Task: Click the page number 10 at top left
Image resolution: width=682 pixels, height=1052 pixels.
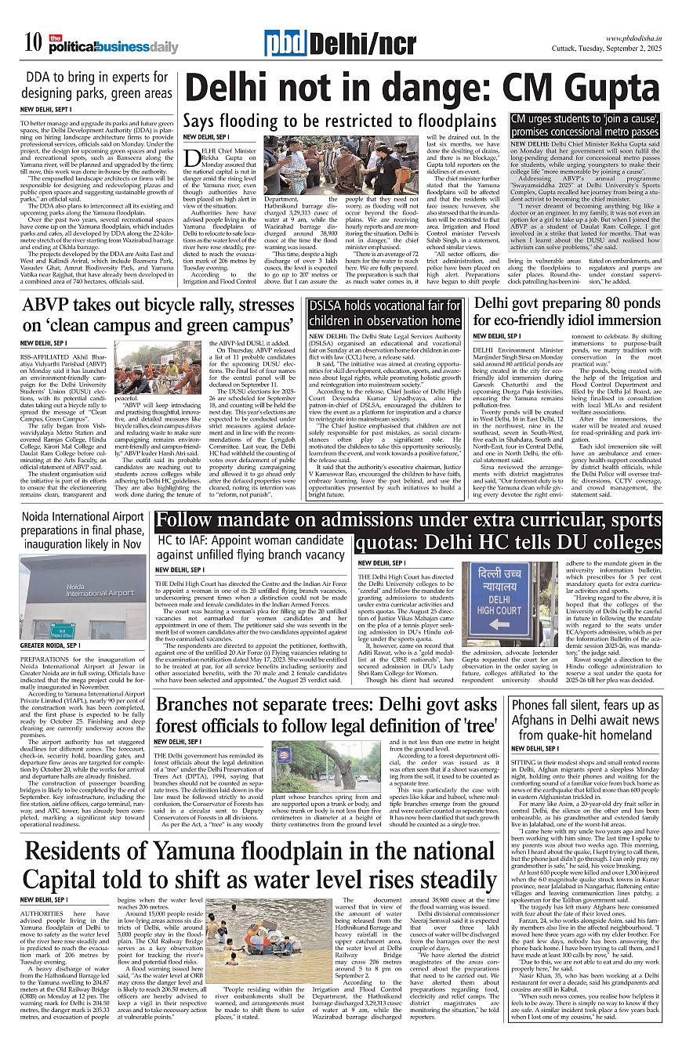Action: [x=32, y=43]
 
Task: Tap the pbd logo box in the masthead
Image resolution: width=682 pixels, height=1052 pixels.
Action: [x=285, y=44]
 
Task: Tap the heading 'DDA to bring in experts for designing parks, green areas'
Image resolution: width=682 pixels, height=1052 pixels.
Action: [x=97, y=85]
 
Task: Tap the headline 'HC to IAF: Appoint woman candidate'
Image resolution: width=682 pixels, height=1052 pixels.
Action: [x=250, y=548]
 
